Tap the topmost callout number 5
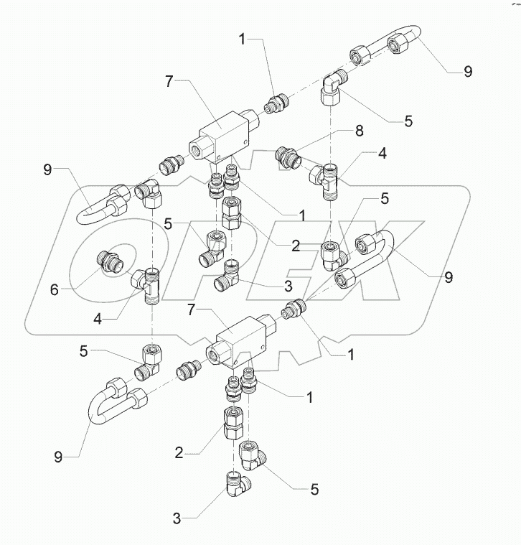point(408,121)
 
